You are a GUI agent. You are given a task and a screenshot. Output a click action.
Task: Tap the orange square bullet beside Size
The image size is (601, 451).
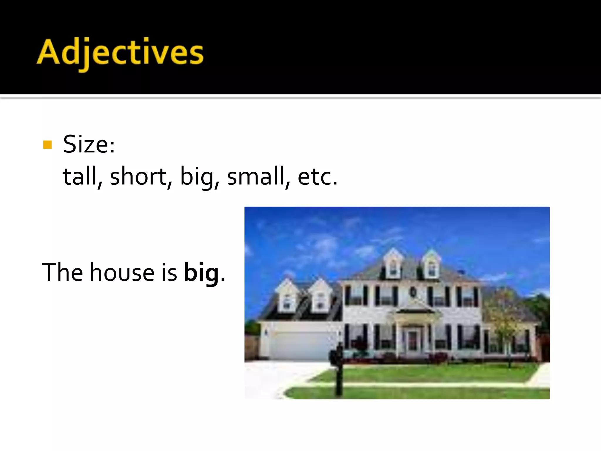pyautogui.click(x=47, y=145)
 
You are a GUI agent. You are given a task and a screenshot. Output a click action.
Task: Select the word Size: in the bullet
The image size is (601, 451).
pyautogui.click(x=89, y=144)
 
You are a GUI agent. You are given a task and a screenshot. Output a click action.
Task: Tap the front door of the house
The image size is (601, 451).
pyautogui.click(x=412, y=341)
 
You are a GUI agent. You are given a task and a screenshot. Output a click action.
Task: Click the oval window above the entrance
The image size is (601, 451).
pyautogui.click(x=413, y=292)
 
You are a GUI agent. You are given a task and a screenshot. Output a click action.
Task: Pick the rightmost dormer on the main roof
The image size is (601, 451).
pyautogui.click(x=432, y=267)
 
